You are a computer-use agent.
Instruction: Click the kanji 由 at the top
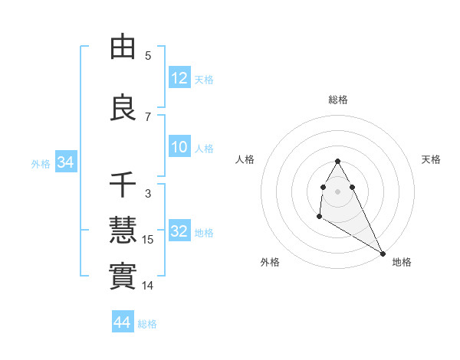click(x=123, y=47)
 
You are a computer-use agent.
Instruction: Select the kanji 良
click(x=123, y=106)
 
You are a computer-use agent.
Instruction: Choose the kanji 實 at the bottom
click(x=123, y=275)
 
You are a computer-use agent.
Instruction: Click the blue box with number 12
click(x=179, y=78)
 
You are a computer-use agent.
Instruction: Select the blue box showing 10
click(x=179, y=148)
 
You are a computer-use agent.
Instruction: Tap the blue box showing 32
click(x=179, y=231)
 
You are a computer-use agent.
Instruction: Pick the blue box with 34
click(x=65, y=162)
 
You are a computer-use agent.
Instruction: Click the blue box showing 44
click(x=123, y=322)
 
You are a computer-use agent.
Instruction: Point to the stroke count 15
click(x=148, y=240)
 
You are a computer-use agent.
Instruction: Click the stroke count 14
click(x=148, y=286)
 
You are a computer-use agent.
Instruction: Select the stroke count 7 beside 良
click(x=148, y=116)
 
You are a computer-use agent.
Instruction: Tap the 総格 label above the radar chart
click(x=338, y=100)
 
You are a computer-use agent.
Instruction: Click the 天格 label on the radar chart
click(x=432, y=159)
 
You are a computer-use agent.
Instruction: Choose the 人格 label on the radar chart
click(x=245, y=159)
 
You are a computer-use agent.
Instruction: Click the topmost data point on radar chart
click(x=337, y=162)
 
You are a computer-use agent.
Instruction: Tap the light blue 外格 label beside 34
click(x=41, y=163)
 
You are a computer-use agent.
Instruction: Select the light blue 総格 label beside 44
click(x=148, y=324)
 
